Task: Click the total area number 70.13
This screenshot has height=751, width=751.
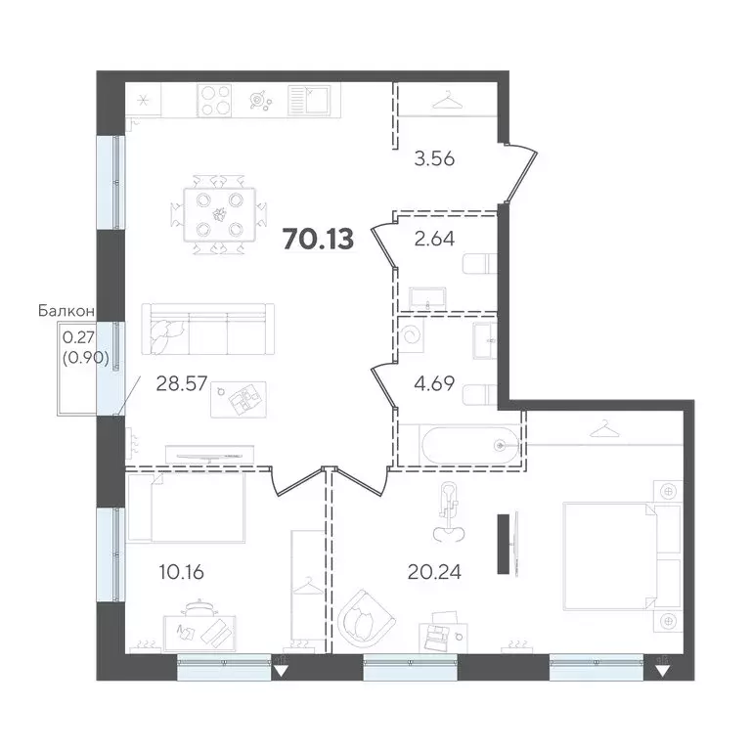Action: coord(318,238)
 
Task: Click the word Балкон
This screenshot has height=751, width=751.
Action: coord(66,311)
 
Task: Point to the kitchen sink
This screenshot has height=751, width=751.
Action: coord(309,100)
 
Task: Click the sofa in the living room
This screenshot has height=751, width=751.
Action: coord(207,330)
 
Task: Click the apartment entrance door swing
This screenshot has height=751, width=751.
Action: coord(522,171)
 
